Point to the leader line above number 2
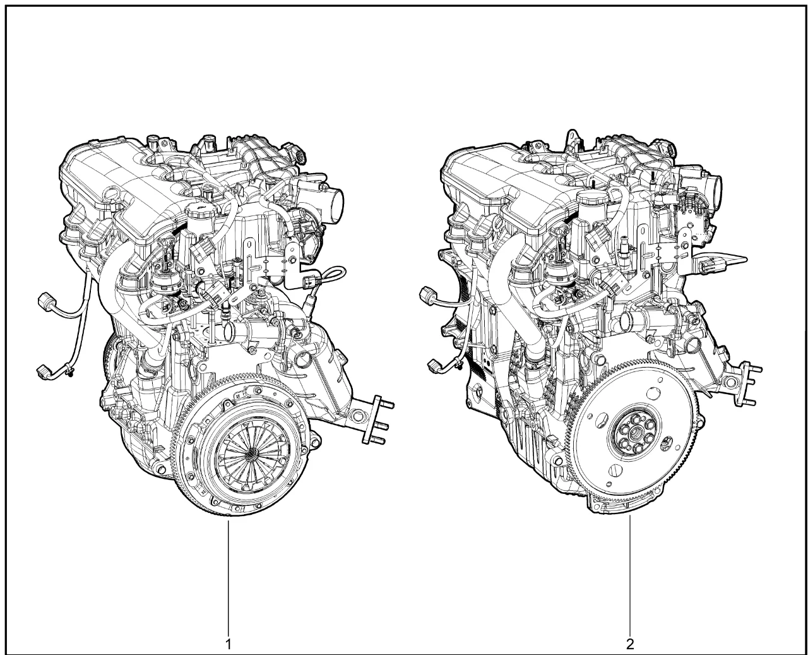coord(630,573)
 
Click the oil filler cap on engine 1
coord(201,211)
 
